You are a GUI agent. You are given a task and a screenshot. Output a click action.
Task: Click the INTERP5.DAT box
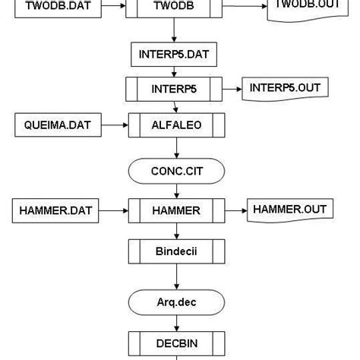[x=175, y=55]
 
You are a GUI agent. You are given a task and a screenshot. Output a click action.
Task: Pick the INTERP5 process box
[x=175, y=89]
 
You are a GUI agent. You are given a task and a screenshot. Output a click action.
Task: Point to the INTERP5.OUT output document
[x=285, y=89]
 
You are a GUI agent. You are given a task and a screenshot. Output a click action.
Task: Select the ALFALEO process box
[x=175, y=125]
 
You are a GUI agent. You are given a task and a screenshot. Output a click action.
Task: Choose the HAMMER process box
[x=175, y=209]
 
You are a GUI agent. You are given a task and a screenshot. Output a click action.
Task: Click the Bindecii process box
[x=175, y=251]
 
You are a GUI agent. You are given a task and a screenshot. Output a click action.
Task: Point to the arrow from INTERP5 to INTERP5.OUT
[x=232, y=89]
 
